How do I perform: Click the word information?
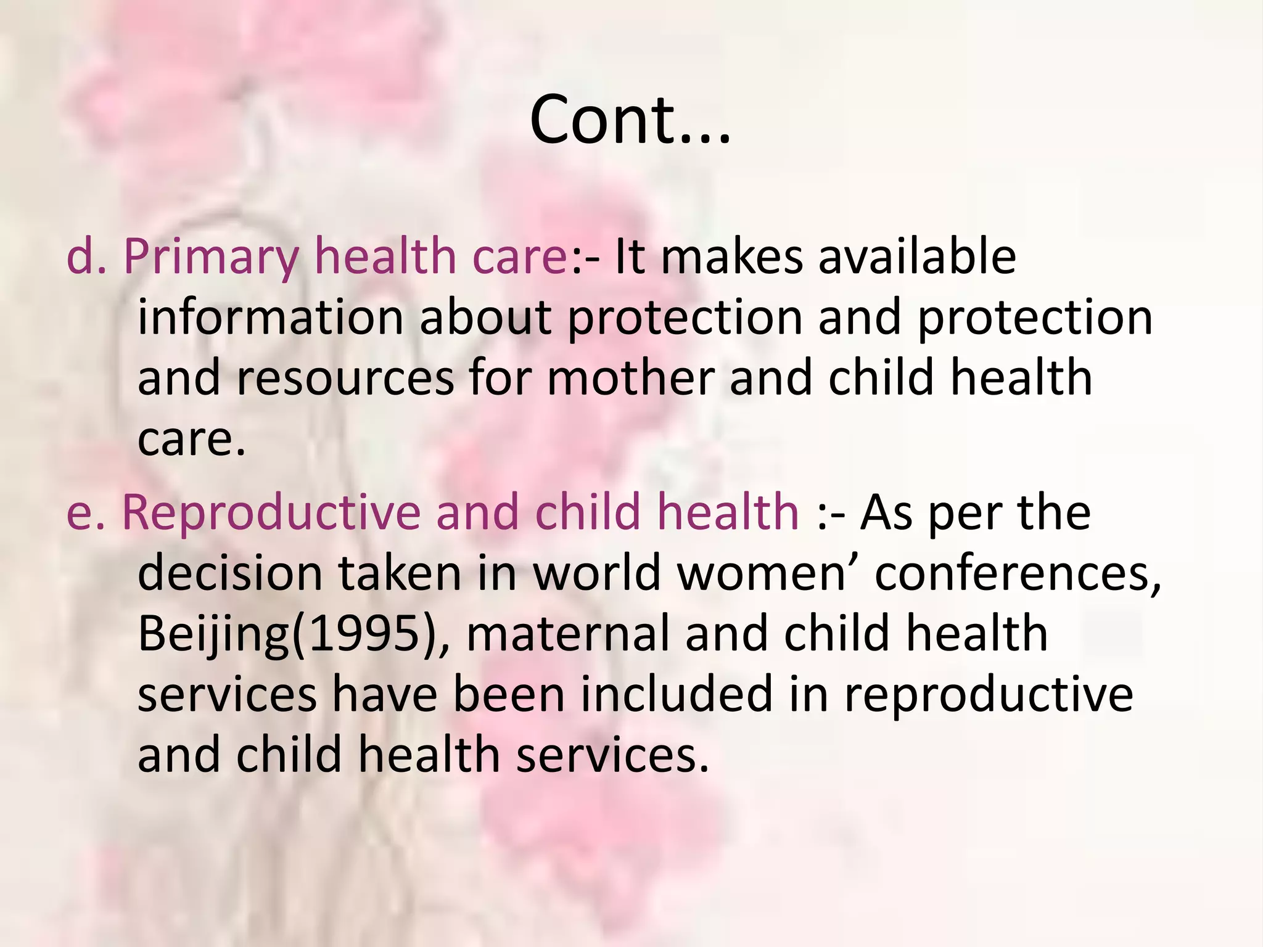pyautogui.click(x=270, y=318)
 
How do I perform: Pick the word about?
pyautogui.click(x=485, y=318)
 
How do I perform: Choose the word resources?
pyautogui.click(x=345, y=379)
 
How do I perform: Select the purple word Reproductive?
pyautogui.click(x=271, y=513)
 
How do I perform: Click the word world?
pyautogui.click(x=596, y=573)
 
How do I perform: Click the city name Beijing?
pyautogui.click(x=213, y=635)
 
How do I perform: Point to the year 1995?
pyautogui.click(x=364, y=634)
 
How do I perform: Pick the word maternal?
pyautogui.click(x=567, y=634)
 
